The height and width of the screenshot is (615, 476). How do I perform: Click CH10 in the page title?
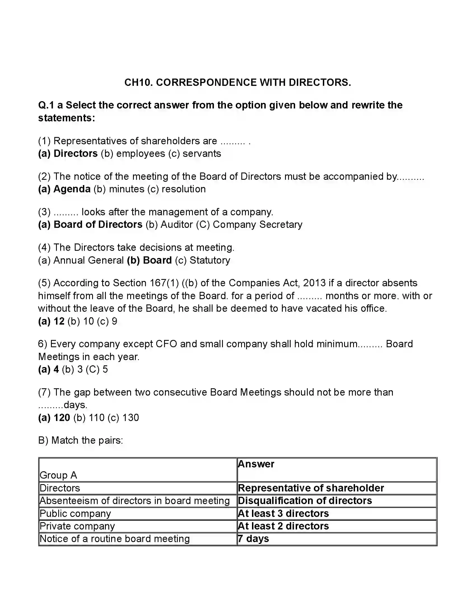(x=139, y=82)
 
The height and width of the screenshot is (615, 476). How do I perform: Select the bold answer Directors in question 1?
(x=76, y=153)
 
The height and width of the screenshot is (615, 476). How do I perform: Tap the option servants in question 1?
(x=202, y=153)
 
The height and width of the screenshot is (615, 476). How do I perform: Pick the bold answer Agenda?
(x=72, y=189)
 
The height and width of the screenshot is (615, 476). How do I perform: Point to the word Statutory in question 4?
(x=210, y=260)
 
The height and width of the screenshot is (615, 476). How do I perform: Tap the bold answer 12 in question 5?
(x=59, y=321)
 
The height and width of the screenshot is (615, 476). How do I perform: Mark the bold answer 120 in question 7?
(x=62, y=418)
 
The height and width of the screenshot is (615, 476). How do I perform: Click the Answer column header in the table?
(x=256, y=464)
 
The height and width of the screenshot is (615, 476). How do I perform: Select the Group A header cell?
(x=58, y=475)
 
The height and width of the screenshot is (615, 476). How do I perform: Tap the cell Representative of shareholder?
(x=311, y=488)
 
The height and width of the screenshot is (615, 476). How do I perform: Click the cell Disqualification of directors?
(x=305, y=501)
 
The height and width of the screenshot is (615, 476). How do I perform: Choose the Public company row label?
(x=75, y=513)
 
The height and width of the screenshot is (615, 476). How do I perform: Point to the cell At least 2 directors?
(x=283, y=526)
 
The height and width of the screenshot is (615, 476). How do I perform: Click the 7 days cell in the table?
(x=253, y=539)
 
